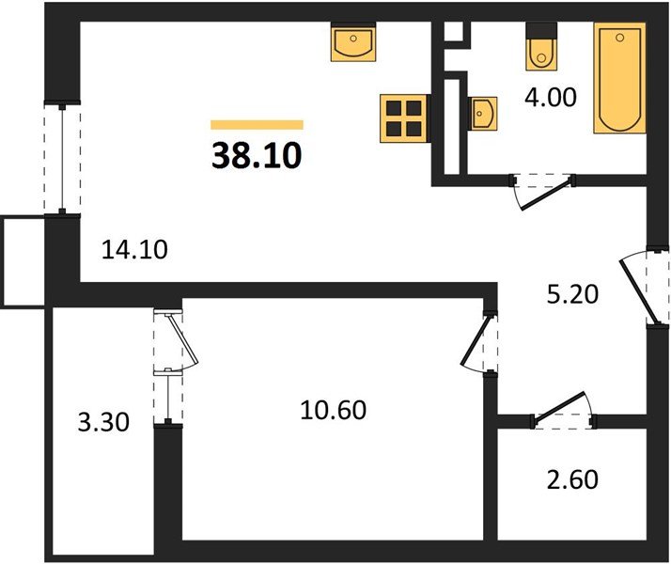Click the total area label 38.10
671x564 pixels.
tap(257, 153)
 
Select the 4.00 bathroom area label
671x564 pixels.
tap(550, 97)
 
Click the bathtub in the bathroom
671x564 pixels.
tap(618, 79)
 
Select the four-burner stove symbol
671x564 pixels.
tap(404, 117)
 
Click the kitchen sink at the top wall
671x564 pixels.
tap(354, 41)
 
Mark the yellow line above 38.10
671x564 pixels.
tap(257, 124)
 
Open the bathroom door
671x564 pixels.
tap(543, 189)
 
